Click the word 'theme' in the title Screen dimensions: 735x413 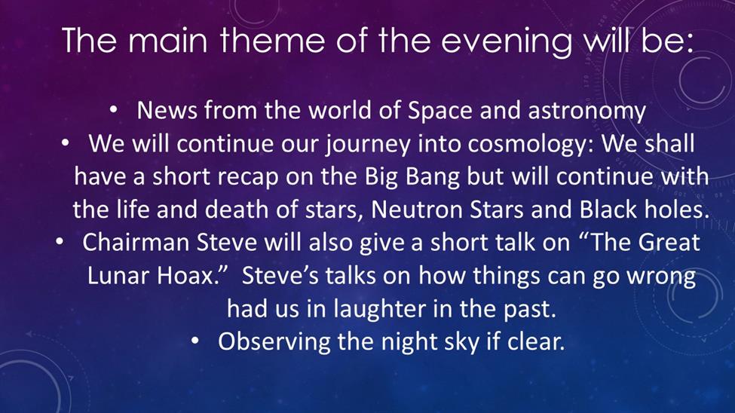click(272, 40)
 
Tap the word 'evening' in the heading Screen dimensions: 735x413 click(507, 43)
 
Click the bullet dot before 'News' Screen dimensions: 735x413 click(113, 110)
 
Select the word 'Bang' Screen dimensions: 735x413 click(432, 177)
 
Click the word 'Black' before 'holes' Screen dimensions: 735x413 click(608, 209)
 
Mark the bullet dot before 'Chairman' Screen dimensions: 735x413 click(59, 241)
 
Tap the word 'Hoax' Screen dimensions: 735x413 click(188, 275)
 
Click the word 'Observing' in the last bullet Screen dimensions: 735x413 click(274, 341)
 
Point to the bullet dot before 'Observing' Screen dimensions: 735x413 click(195, 341)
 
